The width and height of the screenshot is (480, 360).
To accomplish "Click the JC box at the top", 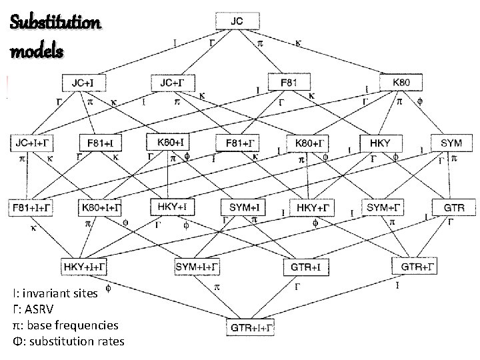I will click(237, 21).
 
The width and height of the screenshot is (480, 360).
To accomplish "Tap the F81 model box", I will click(288, 82).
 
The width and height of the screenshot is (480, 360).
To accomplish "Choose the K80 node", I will click(401, 82).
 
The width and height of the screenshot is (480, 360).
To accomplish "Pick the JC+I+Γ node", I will click(31, 143).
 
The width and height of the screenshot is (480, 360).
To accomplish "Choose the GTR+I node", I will click(307, 267).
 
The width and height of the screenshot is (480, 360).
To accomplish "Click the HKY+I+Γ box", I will click(88, 267).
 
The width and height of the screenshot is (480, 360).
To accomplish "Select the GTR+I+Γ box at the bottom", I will click(250, 327).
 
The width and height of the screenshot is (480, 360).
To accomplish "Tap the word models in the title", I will click(37, 51).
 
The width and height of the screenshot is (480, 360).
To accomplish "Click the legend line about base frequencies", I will click(65, 325).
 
